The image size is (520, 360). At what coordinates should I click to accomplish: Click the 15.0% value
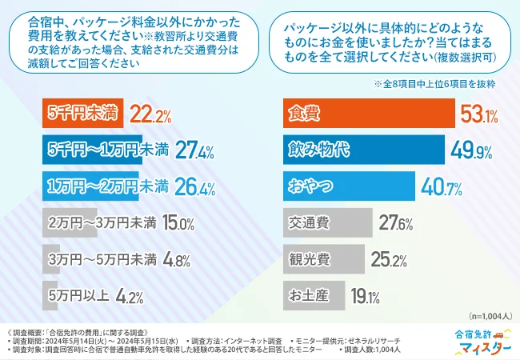click(178, 223)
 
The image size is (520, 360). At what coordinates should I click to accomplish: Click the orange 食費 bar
click(369, 114)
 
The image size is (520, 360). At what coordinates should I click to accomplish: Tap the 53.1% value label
click(481, 115)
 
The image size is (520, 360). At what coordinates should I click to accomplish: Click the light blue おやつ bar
click(349, 186)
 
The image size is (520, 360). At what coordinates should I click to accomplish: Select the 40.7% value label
click(440, 187)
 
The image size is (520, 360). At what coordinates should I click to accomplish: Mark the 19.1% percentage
click(365, 297)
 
